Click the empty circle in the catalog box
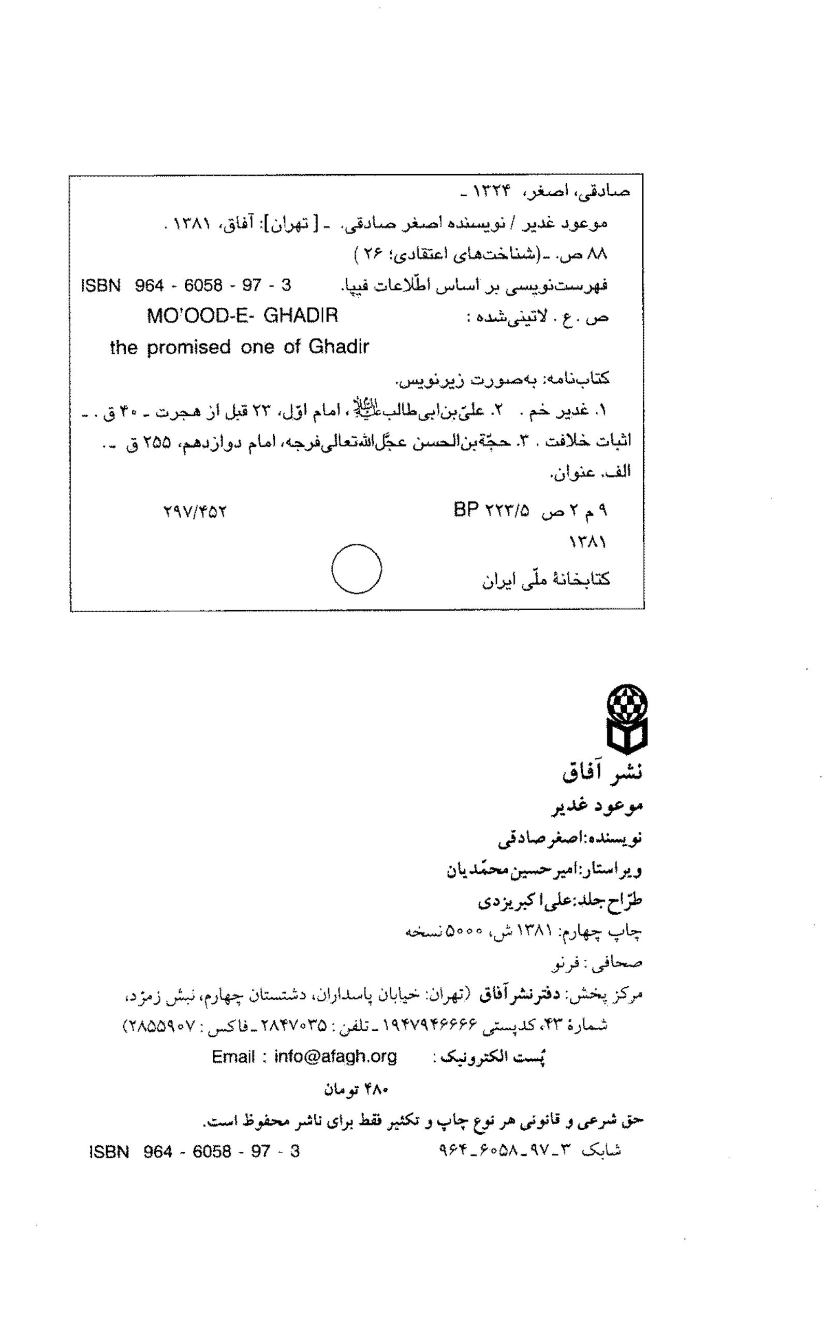pos(356,568)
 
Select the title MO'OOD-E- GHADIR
pos(242,315)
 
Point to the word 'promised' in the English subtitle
pos(188,347)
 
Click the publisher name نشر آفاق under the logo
pos(602,772)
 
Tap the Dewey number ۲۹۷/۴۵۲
pos(195,512)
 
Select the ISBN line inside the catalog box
pos(186,285)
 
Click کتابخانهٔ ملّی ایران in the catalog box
pos(546,580)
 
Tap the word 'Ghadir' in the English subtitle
pos(338,347)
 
